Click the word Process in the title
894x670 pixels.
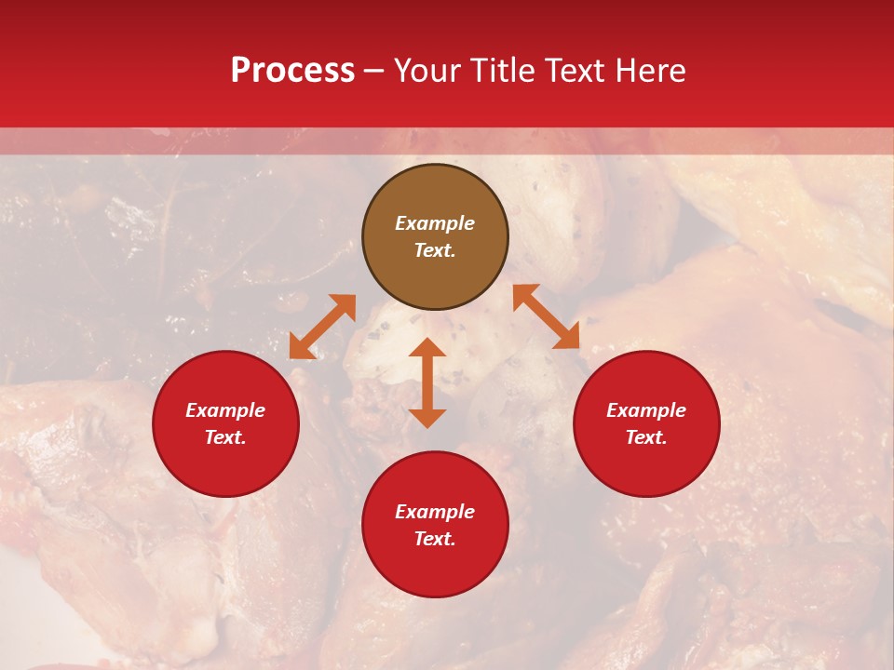pyautogui.click(x=292, y=71)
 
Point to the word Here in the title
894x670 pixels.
pyautogui.click(x=651, y=71)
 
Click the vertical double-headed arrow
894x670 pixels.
pyautogui.click(x=427, y=382)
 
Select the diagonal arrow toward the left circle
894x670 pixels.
pyautogui.click(x=322, y=327)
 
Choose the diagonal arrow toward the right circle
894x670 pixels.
pyautogui.click(x=546, y=316)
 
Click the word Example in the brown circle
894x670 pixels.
pyautogui.click(x=435, y=223)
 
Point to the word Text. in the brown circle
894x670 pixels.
pyautogui.click(x=435, y=250)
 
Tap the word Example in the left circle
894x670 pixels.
pyautogui.click(x=225, y=410)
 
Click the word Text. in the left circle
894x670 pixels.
pyautogui.click(x=225, y=437)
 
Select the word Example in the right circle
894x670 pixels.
pyautogui.click(x=646, y=410)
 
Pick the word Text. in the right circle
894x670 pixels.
pyautogui.click(x=646, y=437)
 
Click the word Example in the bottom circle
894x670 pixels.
pyautogui.click(x=435, y=512)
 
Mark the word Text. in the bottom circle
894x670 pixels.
pyautogui.click(x=435, y=539)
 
